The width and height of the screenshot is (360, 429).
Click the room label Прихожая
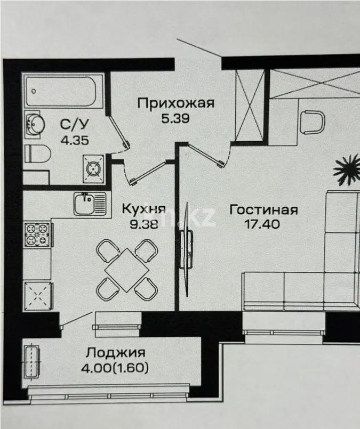point(175,103)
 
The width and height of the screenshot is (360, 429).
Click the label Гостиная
point(263,209)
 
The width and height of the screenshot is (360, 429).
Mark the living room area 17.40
point(263,224)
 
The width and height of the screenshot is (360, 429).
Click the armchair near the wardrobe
point(312,122)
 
